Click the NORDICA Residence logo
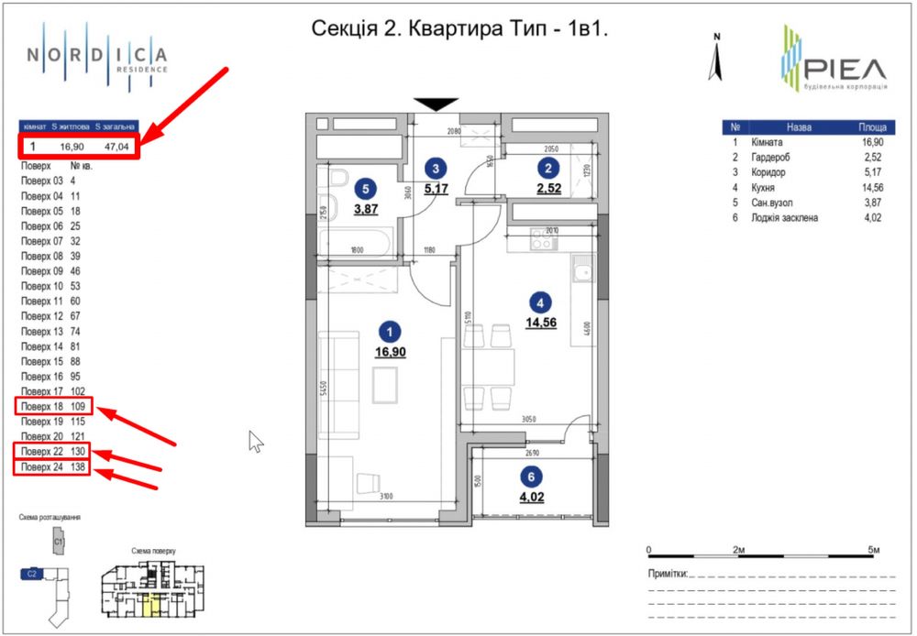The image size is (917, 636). (97, 57)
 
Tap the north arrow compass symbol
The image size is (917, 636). (719, 57)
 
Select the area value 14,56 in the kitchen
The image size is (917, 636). (541, 322)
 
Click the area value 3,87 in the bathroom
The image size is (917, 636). (367, 209)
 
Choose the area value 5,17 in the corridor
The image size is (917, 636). (437, 190)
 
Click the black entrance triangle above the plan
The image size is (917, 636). (435, 103)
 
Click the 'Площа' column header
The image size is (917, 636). (871, 127)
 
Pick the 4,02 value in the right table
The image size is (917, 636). (871, 216)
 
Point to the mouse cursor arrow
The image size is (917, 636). (256, 441)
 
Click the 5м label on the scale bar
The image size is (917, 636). (874, 549)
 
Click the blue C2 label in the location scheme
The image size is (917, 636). (31, 574)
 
